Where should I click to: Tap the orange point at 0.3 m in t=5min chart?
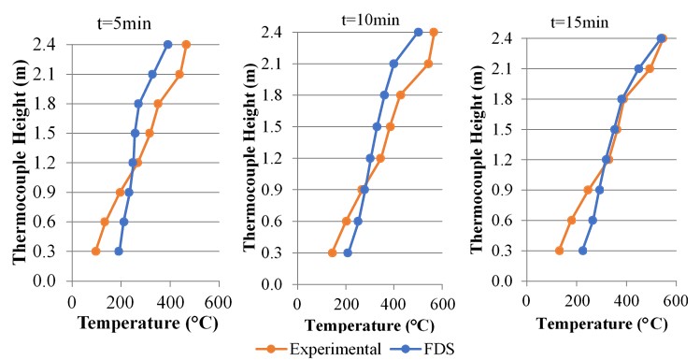(96, 252)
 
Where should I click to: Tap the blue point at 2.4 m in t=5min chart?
(168, 44)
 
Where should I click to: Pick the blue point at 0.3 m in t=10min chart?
(348, 252)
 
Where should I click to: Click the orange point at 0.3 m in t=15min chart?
(560, 251)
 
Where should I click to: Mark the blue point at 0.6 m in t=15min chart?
(593, 221)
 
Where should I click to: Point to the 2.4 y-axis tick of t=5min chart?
(48, 44)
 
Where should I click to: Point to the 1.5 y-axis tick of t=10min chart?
(279, 126)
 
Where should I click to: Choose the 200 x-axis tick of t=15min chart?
(577, 301)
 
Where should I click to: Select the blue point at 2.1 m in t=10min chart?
(393, 64)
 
